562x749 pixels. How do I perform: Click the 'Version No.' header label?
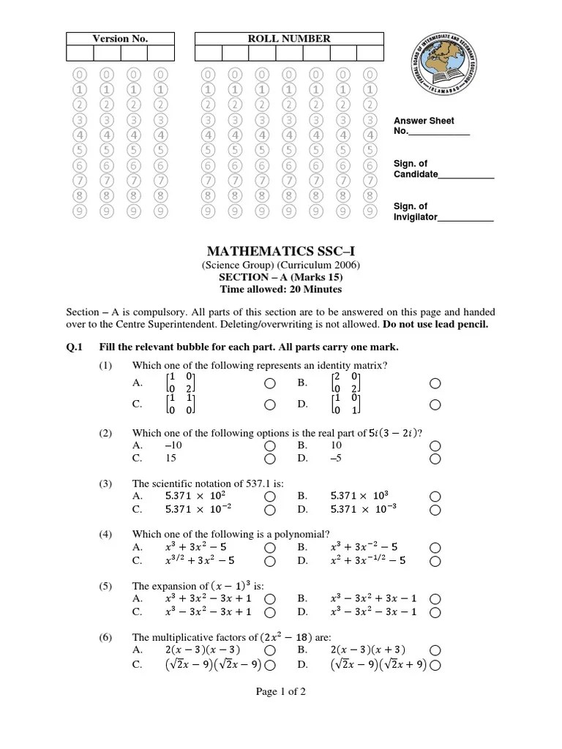[x=120, y=39]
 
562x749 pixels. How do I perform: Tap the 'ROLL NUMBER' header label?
[x=289, y=39]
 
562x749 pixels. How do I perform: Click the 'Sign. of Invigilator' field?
[x=465, y=217]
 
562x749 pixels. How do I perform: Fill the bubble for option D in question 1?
[x=435, y=404]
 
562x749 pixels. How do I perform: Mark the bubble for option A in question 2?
[x=270, y=445]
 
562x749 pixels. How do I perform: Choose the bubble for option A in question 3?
[x=270, y=496]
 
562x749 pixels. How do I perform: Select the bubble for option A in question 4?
[x=270, y=547]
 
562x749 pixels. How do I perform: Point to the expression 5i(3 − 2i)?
[x=393, y=432]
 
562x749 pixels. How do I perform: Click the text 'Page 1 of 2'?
[x=281, y=693]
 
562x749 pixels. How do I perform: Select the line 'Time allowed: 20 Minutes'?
[x=281, y=289]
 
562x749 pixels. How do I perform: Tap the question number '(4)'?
[x=106, y=534]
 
